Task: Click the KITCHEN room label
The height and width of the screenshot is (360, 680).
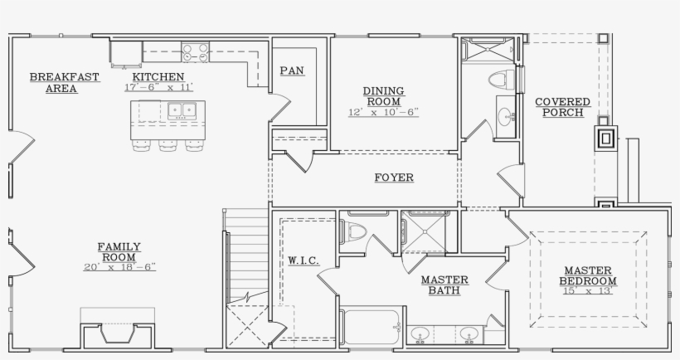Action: click(158, 75)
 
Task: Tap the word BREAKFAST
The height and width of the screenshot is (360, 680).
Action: click(65, 77)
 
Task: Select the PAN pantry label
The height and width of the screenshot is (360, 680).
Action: click(291, 71)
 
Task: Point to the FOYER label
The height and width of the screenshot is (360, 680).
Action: click(393, 178)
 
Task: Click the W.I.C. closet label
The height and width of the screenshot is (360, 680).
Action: click(303, 260)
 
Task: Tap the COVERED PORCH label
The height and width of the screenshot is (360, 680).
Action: click(562, 107)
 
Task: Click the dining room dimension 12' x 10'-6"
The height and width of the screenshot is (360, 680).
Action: click(383, 111)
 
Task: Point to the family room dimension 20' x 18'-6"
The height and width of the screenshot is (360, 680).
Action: click(119, 267)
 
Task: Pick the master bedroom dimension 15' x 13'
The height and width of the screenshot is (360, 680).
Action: click(588, 291)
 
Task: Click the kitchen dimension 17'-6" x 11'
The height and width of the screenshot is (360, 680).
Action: click(158, 87)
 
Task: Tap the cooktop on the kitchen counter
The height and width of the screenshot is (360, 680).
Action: click(196, 53)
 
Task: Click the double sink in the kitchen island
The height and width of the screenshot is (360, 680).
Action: click(180, 109)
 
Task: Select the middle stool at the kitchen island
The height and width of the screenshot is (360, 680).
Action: click(168, 145)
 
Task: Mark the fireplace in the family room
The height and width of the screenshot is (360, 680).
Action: click(116, 333)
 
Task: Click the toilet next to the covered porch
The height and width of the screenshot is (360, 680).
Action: click(499, 80)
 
